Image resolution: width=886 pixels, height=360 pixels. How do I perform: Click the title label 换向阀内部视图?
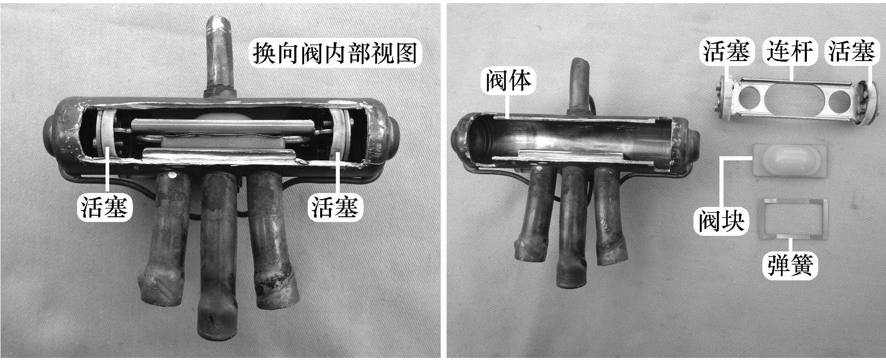[x=335, y=53]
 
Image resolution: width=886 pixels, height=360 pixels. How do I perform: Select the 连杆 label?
[x=789, y=52]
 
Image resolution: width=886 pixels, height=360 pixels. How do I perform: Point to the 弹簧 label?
[x=790, y=265]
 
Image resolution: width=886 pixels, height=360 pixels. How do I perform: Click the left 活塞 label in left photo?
[x=104, y=207]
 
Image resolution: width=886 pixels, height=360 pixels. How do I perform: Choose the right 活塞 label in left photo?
[x=335, y=207]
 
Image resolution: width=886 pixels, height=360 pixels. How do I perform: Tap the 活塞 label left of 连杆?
[x=726, y=52]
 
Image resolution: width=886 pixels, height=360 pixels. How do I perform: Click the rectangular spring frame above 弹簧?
[x=793, y=201]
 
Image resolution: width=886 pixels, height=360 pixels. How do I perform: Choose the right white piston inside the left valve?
[x=340, y=134]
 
